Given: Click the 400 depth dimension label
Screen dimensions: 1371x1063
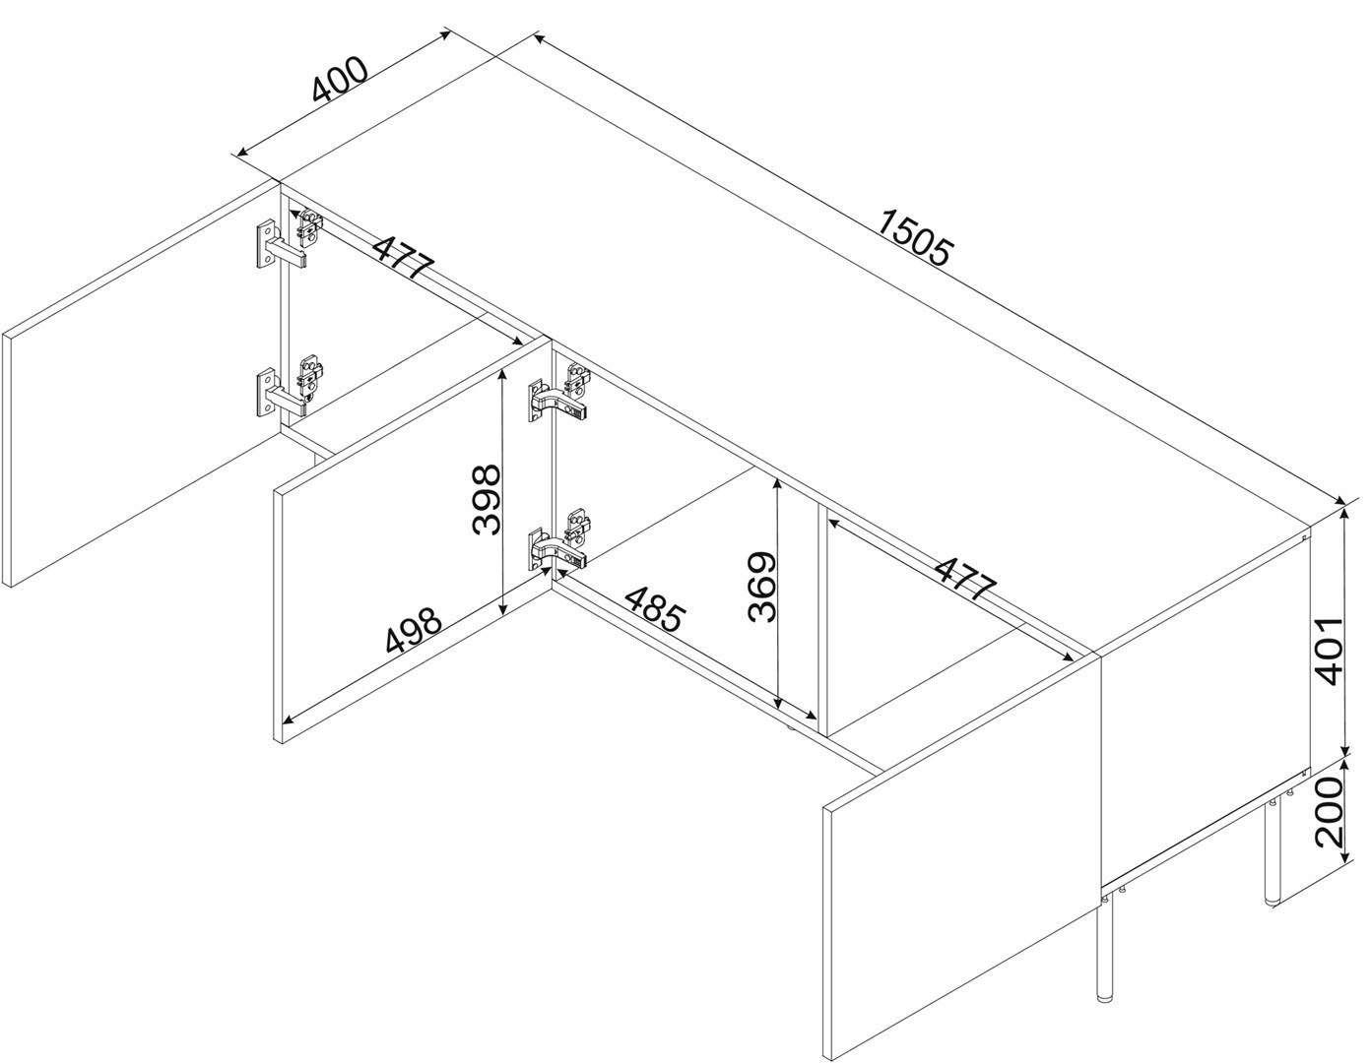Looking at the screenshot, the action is [340, 80].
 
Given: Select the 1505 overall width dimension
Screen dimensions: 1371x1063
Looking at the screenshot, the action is [914, 237].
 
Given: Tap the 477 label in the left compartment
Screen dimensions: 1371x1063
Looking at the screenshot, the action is [404, 257].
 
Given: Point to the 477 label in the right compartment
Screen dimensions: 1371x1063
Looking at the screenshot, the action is [964, 578].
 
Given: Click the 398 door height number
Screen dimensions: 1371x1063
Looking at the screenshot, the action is [487, 500].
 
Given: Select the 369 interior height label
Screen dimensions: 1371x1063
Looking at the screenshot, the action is [761, 587].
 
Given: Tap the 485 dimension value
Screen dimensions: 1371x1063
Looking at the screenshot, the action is [654, 609].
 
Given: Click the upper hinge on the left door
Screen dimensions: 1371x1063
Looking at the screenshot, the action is [290, 236].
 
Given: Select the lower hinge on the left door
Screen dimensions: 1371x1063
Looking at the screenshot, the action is [291, 386].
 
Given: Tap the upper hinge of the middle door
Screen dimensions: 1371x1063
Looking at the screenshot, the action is [560, 392].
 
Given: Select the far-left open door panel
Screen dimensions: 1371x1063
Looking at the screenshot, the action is [141, 385].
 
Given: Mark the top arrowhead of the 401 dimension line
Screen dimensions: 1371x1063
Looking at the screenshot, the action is [1347, 514].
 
